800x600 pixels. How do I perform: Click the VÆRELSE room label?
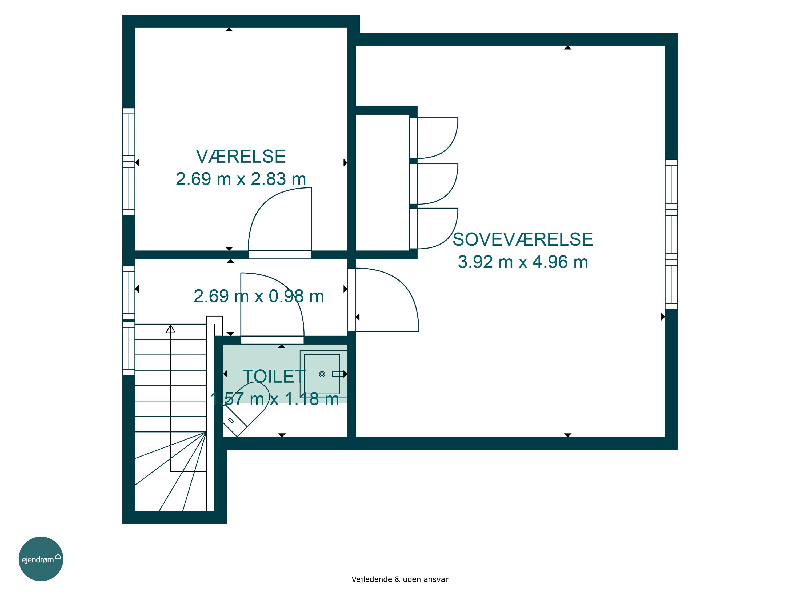(x=241, y=156)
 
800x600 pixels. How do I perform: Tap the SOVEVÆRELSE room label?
(x=523, y=239)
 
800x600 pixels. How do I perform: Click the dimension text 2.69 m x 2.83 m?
(x=241, y=179)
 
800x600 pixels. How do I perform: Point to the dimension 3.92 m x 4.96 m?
(x=523, y=262)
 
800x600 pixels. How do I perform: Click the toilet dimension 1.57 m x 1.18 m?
(x=274, y=399)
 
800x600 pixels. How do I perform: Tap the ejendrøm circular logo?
(x=41, y=559)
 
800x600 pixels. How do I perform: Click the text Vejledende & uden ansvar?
(x=400, y=579)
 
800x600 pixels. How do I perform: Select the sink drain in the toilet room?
(x=322, y=374)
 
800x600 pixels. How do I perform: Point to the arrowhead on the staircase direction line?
(x=171, y=329)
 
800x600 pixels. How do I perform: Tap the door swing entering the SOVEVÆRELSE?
(x=383, y=299)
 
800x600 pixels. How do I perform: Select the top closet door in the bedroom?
(x=434, y=138)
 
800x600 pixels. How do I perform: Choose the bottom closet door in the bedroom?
(x=434, y=228)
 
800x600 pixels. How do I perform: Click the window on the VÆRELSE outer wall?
(x=129, y=162)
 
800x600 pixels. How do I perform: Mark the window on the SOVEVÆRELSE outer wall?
(x=671, y=234)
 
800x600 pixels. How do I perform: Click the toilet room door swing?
(x=272, y=308)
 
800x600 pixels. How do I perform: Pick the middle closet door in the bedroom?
(x=434, y=184)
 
